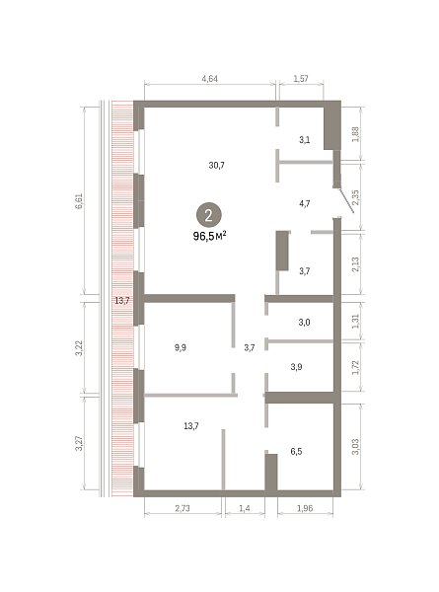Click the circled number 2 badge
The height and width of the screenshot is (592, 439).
tap(208, 215)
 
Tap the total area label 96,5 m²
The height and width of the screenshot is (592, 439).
tap(209, 237)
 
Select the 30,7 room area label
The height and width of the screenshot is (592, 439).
tap(217, 166)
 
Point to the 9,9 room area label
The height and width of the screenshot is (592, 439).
tap(181, 347)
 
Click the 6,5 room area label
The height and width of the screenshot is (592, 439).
tap(296, 452)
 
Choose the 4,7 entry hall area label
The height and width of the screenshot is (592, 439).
tap(305, 204)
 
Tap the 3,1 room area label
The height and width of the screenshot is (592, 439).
tap(305, 140)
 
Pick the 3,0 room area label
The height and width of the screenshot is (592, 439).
tap(304, 323)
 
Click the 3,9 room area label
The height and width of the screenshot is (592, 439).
tap(296, 367)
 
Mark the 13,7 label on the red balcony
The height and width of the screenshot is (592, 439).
tap(122, 301)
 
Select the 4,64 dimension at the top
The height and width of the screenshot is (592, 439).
tap(209, 79)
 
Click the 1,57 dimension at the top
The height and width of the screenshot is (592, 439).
tap(301, 79)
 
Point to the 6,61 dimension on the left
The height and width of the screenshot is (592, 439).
tap(79, 201)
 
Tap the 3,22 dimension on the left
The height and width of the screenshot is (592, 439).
tap(79, 348)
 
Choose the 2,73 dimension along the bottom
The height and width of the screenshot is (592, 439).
tap(183, 508)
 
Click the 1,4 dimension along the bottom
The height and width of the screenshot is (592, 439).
tap(245, 508)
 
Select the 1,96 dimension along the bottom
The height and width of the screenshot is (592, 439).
tap(305, 508)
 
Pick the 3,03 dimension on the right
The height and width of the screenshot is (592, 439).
tap(355, 447)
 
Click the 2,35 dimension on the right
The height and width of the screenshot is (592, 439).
tap(355, 197)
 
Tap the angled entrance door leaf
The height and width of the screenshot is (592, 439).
tap(346, 200)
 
